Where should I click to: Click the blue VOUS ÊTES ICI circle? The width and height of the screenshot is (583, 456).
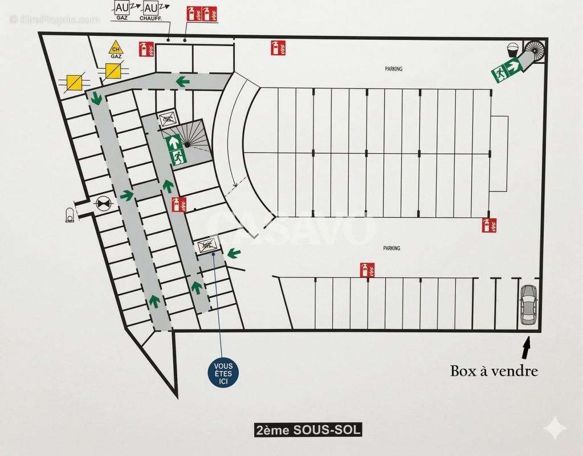[x=223, y=374]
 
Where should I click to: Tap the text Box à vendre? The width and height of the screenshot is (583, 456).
[x=494, y=371]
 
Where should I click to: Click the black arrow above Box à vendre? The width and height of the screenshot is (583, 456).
[x=526, y=345]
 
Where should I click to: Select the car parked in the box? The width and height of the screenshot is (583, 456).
[x=528, y=304]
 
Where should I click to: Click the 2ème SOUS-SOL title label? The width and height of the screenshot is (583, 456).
[x=308, y=430]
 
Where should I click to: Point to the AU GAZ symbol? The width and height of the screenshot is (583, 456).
[x=122, y=10]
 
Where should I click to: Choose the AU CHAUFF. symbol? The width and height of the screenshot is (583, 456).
[x=151, y=10]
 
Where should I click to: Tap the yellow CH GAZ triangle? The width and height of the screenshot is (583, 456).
[x=116, y=49]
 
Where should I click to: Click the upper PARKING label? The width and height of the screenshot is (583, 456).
[x=393, y=69]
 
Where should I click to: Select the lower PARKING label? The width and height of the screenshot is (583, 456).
[x=392, y=249]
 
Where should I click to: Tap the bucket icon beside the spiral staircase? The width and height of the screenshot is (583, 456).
[x=512, y=49]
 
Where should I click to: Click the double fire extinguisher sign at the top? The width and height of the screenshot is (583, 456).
[x=202, y=13]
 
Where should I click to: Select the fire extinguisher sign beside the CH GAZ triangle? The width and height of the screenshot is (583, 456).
[x=147, y=49]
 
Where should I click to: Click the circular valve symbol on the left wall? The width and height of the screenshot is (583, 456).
[x=103, y=202]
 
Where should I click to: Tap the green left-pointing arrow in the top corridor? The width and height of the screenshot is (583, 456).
[x=182, y=82]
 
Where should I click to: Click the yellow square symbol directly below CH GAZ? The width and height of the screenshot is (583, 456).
[x=113, y=71]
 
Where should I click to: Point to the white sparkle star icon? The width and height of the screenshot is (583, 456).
[x=554, y=428]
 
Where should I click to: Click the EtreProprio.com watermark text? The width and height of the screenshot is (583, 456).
[x=54, y=19]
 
